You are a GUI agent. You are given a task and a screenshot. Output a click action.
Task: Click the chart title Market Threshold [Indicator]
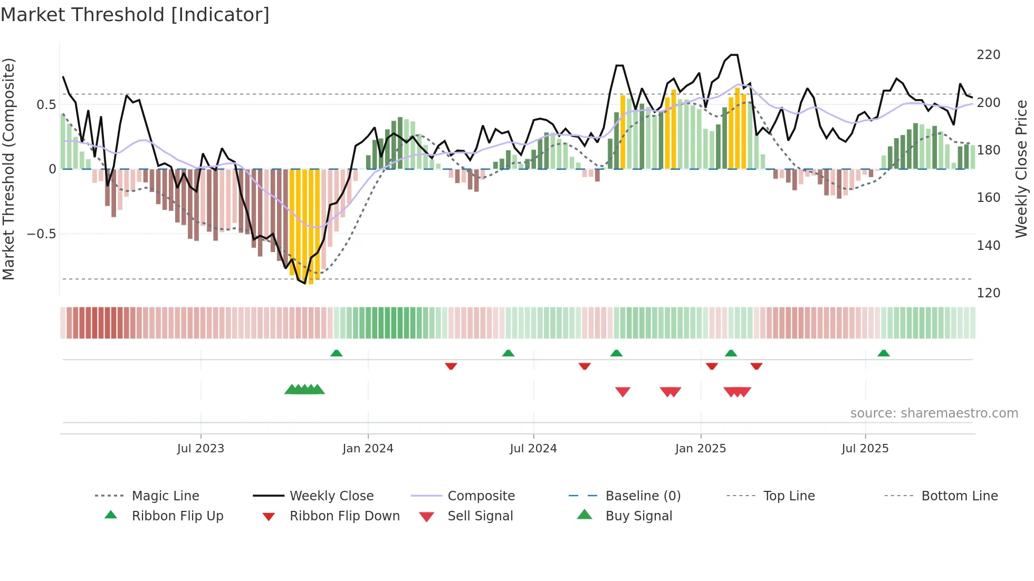point(135,15)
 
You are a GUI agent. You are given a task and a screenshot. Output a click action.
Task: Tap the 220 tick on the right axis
point(988,55)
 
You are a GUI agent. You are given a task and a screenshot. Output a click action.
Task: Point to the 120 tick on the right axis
point(988,293)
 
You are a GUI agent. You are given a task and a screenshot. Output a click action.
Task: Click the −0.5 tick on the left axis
point(42,234)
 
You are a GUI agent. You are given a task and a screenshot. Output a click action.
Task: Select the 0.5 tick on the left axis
point(46,105)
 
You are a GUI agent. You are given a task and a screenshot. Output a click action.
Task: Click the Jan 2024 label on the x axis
point(368,449)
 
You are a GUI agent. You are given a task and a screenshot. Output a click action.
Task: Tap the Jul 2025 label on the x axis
point(865,449)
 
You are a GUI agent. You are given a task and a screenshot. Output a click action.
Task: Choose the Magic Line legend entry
point(165,496)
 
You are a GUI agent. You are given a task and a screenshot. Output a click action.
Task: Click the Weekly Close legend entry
point(331,496)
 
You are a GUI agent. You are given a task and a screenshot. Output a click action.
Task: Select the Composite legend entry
point(481,496)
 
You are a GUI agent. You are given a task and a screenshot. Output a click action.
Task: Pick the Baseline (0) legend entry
point(643,496)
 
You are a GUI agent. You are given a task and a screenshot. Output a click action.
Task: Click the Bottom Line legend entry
point(959,496)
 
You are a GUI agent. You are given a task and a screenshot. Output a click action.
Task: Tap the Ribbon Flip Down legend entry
point(344,516)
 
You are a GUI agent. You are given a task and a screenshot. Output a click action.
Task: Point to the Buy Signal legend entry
point(638,516)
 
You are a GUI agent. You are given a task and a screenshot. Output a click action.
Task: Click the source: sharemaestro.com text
point(934,413)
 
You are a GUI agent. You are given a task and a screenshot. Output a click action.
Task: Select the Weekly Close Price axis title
point(1021,169)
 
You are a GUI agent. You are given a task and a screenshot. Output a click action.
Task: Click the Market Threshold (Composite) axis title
point(8,169)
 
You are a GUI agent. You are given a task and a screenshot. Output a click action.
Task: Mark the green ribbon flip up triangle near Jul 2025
point(884,353)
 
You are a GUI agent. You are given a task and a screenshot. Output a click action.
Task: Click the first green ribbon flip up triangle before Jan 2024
point(337,353)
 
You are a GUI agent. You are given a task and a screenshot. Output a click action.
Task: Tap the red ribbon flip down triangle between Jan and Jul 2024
point(451,366)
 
